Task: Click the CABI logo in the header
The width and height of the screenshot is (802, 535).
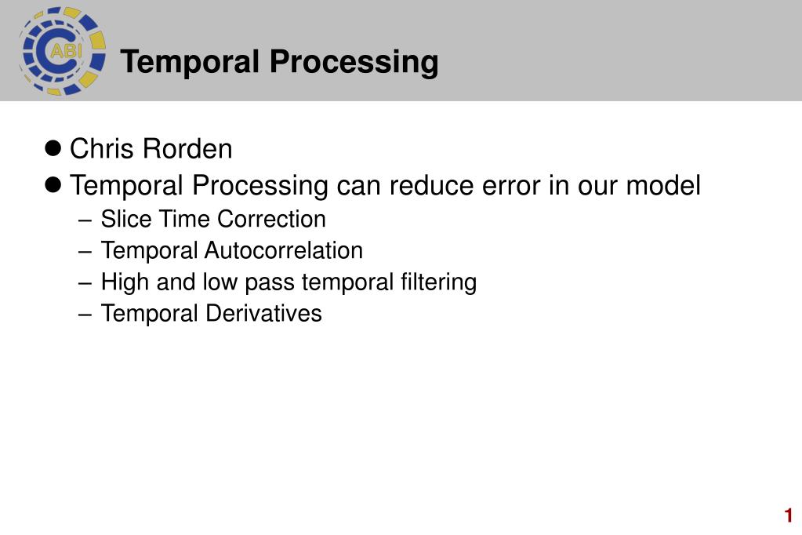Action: click(63, 51)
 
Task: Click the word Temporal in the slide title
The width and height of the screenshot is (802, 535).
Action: click(190, 61)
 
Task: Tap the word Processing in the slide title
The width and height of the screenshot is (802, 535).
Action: click(354, 63)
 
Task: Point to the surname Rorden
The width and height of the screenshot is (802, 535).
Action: click(187, 148)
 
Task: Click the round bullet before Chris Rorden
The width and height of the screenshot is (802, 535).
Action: click(53, 148)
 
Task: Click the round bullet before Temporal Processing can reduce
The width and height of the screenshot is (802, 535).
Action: click(53, 184)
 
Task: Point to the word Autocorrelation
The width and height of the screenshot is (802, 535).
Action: click(284, 250)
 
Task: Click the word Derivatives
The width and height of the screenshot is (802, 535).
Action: click(263, 313)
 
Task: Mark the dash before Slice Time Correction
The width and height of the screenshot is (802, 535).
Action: click(85, 220)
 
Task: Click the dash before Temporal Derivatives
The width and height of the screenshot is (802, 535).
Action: click(85, 315)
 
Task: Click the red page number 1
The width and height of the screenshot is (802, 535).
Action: click(788, 515)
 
